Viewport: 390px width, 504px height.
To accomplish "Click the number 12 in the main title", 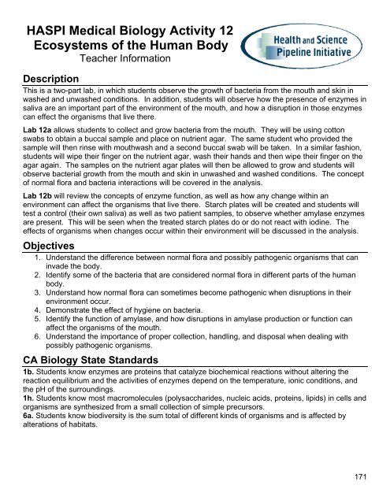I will [x=221, y=28].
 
